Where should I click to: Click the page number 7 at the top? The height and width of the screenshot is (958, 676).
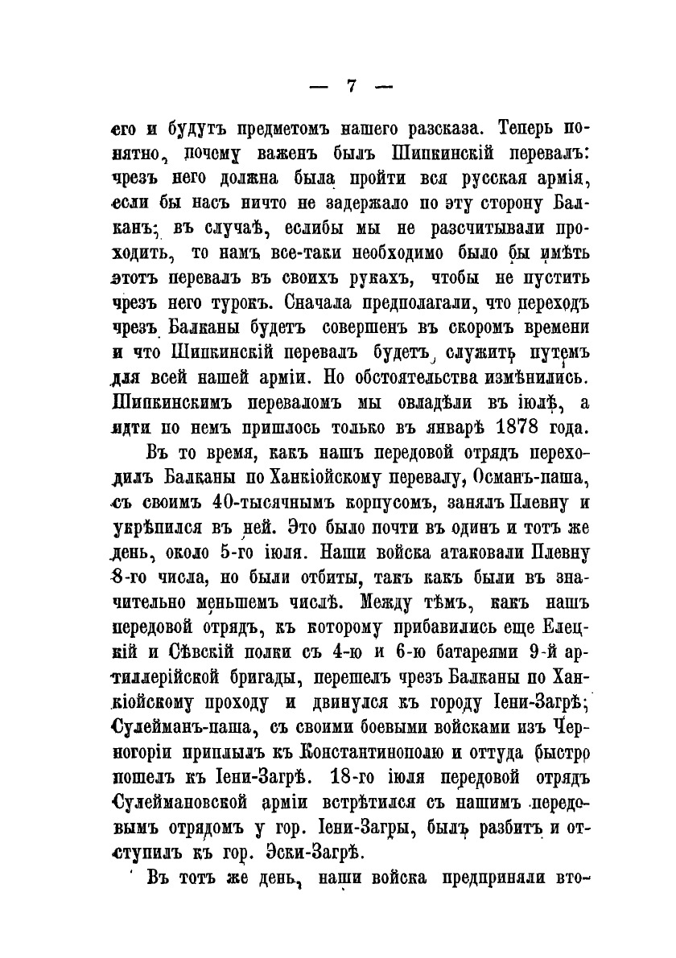[x=351, y=87]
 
